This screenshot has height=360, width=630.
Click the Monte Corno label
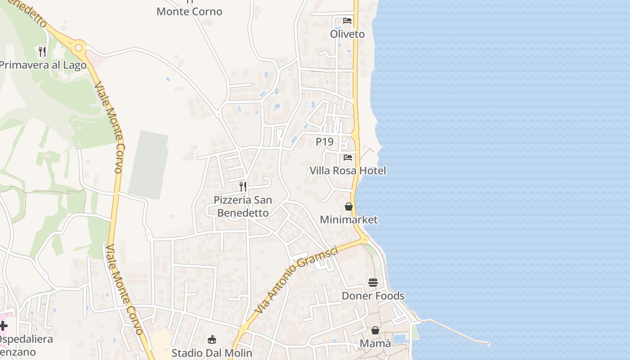tap(189, 12)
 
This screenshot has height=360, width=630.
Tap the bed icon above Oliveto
tap(347, 21)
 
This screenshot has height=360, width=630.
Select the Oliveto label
tap(347, 34)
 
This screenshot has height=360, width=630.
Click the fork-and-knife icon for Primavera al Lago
tap(42, 51)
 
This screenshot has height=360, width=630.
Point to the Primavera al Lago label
tap(42, 65)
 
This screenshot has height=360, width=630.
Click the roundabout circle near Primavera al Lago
tap(79, 47)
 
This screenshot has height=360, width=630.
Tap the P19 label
tap(324, 142)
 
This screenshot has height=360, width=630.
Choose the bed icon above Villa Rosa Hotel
tap(348, 157)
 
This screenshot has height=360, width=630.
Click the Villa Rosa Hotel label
tap(348, 171)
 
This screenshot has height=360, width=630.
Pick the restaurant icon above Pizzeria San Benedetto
tap(243, 186)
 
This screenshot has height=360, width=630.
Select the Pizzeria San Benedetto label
tap(243, 207)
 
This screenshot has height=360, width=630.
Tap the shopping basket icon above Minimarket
tap(349, 207)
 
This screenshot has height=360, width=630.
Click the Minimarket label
tap(349, 220)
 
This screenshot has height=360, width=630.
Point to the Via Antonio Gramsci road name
tap(296, 280)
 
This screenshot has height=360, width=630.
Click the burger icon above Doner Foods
tap(373, 283)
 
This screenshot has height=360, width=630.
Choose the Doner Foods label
tap(373, 296)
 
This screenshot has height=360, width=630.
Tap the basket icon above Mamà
tap(375, 330)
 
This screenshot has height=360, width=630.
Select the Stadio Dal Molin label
tap(212, 353)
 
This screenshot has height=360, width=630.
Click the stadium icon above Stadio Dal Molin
tap(212, 339)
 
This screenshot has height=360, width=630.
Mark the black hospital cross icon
tap(3, 325)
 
